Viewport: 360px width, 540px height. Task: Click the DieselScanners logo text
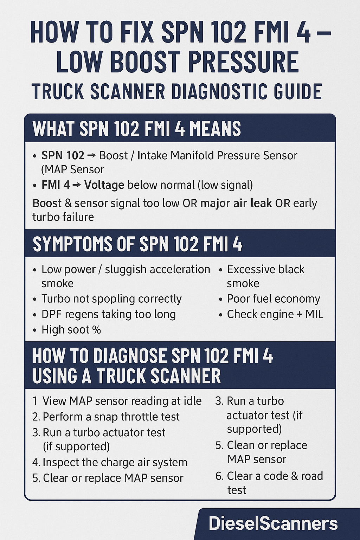(x=273, y=523)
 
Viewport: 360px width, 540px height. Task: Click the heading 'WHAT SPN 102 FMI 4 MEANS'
(x=137, y=129)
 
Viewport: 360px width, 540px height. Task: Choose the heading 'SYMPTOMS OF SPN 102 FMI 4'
(x=137, y=244)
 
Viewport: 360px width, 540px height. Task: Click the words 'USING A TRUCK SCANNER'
(x=127, y=376)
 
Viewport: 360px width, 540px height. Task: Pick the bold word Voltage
(x=104, y=185)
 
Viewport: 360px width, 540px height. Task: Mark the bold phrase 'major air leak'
(x=236, y=203)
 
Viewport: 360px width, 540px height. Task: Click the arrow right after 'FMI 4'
(x=77, y=185)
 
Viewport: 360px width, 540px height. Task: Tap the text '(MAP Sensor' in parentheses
(x=73, y=170)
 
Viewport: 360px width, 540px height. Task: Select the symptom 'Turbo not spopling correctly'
(x=111, y=299)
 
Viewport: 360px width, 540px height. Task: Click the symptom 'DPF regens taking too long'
(x=108, y=314)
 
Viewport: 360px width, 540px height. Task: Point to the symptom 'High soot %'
(x=71, y=330)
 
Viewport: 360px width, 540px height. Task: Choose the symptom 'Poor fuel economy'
(x=273, y=299)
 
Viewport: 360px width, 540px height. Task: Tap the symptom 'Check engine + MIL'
(x=275, y=314)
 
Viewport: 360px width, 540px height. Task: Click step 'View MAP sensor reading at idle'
(x=122, y=401)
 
